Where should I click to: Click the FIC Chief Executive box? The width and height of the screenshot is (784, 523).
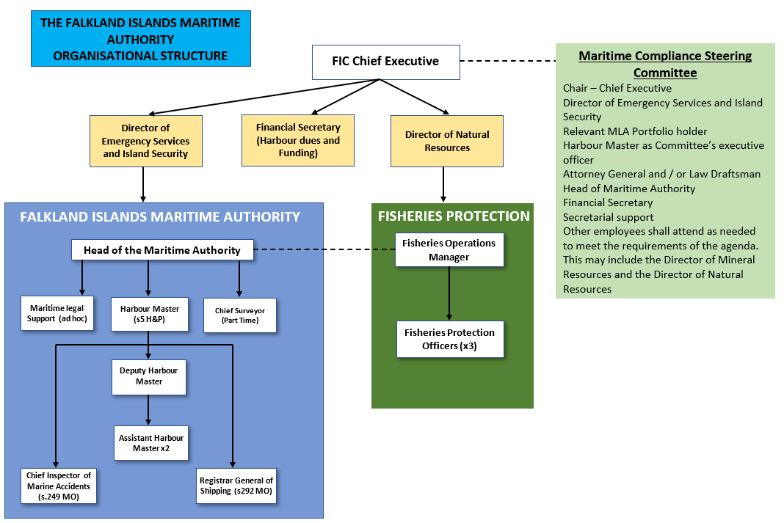pos(385,62)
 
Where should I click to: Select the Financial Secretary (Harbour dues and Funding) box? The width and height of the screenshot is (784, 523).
pos(298,140)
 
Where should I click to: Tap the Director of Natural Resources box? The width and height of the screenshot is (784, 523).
pos(446,141)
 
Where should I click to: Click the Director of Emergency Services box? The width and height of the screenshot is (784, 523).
pos(145,141)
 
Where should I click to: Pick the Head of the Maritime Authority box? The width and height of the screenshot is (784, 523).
pos(162,250)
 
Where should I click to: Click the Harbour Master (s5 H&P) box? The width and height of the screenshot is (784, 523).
pos(149,314)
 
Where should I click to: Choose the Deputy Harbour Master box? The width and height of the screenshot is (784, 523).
pos(149,376)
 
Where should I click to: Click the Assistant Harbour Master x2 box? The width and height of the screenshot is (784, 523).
pos(151,443)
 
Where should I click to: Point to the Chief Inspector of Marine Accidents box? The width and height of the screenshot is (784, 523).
pos(59,486)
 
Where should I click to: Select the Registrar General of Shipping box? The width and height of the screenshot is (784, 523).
pos(236,486)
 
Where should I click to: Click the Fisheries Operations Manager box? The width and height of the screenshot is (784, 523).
pos(449,250)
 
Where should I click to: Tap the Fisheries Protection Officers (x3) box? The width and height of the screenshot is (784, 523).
pos(450,339)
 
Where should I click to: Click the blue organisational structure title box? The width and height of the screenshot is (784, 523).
pos(140,39)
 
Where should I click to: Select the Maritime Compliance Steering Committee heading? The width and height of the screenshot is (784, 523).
pos(665,65)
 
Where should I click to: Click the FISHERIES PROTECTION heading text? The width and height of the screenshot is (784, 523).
pos(453,216)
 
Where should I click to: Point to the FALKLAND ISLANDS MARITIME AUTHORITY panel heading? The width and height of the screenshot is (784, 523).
pos(160,217)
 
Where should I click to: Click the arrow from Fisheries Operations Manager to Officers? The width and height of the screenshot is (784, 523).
pos(449,293)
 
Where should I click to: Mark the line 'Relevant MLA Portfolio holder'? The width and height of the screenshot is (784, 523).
pos(635,131)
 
